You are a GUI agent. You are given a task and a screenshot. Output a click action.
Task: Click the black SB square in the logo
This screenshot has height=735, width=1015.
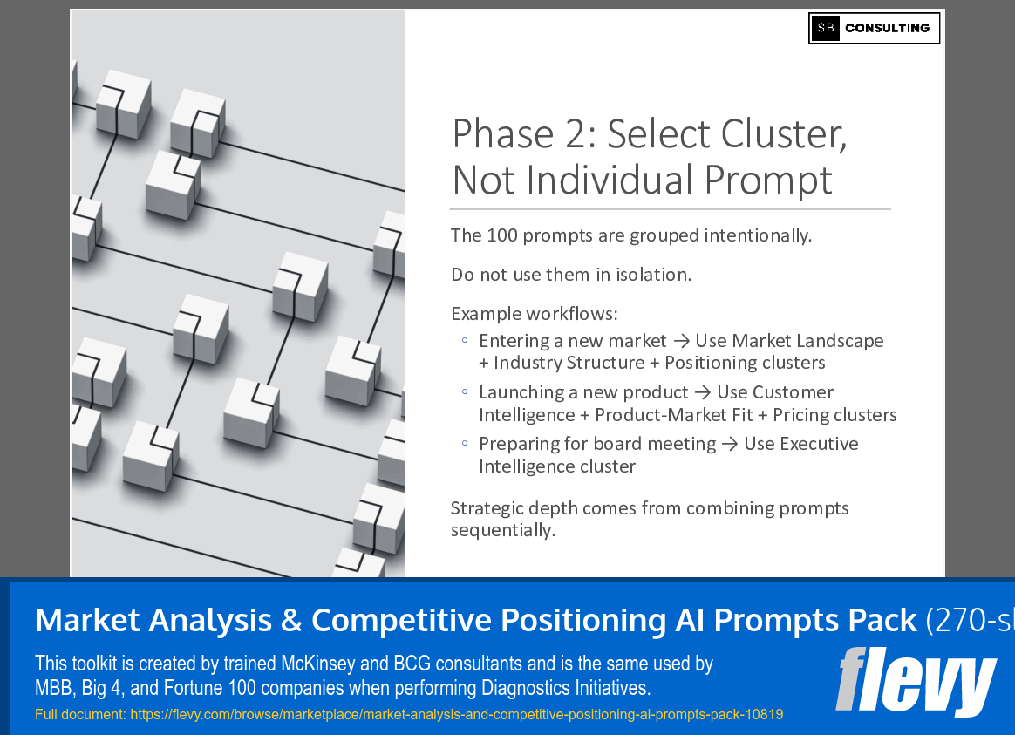coord(826,28)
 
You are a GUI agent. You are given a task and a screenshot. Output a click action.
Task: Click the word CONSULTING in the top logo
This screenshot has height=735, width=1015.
coord(887,28)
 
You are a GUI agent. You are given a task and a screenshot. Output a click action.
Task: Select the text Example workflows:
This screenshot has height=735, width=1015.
coord(534,314)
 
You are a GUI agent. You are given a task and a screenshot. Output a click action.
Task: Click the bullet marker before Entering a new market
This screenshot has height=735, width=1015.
coord(465,341)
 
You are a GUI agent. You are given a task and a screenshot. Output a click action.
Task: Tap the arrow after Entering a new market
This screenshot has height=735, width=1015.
coord(680,341)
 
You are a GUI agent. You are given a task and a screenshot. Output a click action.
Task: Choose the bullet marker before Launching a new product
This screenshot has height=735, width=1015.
coord(465,392)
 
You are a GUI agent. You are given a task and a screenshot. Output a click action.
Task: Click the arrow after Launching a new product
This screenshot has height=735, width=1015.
coord(702,392)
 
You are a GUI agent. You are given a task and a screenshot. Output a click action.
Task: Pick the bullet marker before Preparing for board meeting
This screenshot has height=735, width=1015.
coord(465,444)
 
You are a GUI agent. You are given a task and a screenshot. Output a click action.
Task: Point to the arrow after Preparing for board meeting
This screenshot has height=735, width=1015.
coord(729,444)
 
